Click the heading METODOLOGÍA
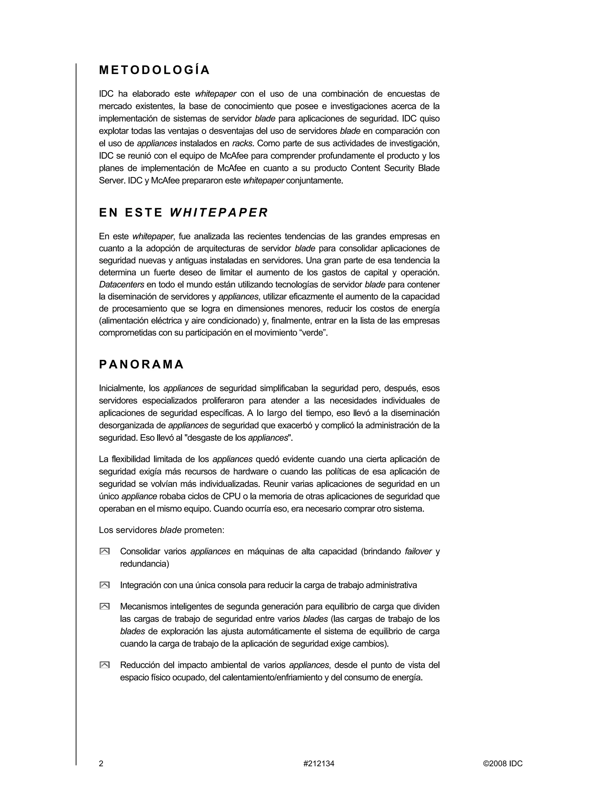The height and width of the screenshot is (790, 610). (x=154, y=70)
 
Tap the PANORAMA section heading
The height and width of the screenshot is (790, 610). (x=141, y=365)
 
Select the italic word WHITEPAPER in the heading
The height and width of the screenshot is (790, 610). (x=219, y=213)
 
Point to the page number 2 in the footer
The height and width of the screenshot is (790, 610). (x=101, y=763)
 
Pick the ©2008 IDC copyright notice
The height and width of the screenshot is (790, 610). (x=503, y=763)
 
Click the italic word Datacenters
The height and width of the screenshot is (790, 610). (x=122, y=285)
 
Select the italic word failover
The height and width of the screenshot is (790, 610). (x=418, y=551)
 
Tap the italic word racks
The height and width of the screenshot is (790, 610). (x=242, y=144)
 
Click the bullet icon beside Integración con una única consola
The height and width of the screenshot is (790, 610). (x=105, y=585)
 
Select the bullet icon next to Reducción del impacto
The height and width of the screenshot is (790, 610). (x=105, y=665)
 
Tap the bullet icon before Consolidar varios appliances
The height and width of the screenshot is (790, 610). (x=105, y=551)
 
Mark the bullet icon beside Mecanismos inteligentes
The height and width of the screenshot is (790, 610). (x=105, y=606)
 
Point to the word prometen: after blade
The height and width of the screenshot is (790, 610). (x=204, y=530)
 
